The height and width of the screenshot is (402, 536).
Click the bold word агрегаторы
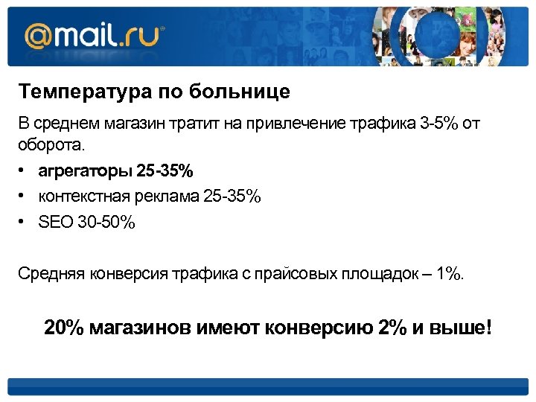86,172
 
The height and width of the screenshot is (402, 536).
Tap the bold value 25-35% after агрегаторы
165,172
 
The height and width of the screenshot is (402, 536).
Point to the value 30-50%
106,222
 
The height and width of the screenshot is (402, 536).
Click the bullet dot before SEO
24,222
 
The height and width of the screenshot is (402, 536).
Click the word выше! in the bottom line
462,328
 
